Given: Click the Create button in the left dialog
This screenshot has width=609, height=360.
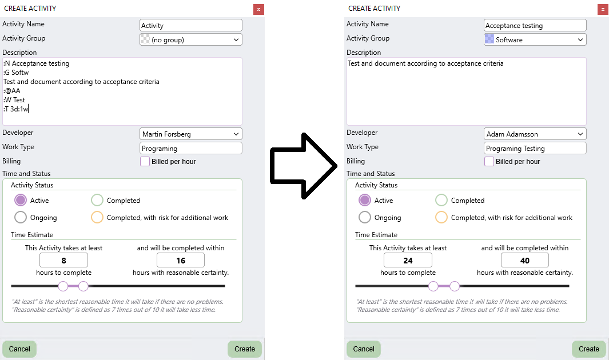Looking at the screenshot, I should click(244, 349).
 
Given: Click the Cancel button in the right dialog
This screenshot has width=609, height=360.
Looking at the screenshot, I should click(363, 349).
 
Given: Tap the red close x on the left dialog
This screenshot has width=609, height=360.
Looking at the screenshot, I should click(258, 9).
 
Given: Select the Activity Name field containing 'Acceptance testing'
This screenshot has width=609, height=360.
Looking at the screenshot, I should click(535, 26).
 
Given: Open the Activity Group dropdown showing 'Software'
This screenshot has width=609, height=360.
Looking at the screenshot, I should click(535, 40).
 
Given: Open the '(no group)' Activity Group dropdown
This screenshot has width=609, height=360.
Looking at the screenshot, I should click(190, 40).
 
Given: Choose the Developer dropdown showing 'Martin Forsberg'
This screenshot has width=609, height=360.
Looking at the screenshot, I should click(190, 134).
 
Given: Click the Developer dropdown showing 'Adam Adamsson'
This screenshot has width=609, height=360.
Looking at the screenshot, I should click(535, 134).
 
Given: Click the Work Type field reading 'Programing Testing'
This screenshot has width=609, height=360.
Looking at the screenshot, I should click(535, 149).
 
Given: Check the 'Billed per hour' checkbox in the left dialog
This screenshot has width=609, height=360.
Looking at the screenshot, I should click(145, 162).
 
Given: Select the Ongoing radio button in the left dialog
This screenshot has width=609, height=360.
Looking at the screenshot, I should click(21, 218).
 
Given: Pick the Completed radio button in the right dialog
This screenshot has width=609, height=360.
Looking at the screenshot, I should click(441, 201).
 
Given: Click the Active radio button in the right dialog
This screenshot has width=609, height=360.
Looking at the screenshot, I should click(365, 201).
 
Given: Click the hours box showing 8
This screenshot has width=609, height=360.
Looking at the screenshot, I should click(63, 261).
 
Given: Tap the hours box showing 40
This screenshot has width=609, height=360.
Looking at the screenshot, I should click(524, 261).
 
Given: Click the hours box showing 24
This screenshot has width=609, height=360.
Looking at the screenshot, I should click(408, 261).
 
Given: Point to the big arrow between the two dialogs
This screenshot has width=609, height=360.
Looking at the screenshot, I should click(303, 166).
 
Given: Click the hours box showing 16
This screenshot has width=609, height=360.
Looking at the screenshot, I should click(180, 261).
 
